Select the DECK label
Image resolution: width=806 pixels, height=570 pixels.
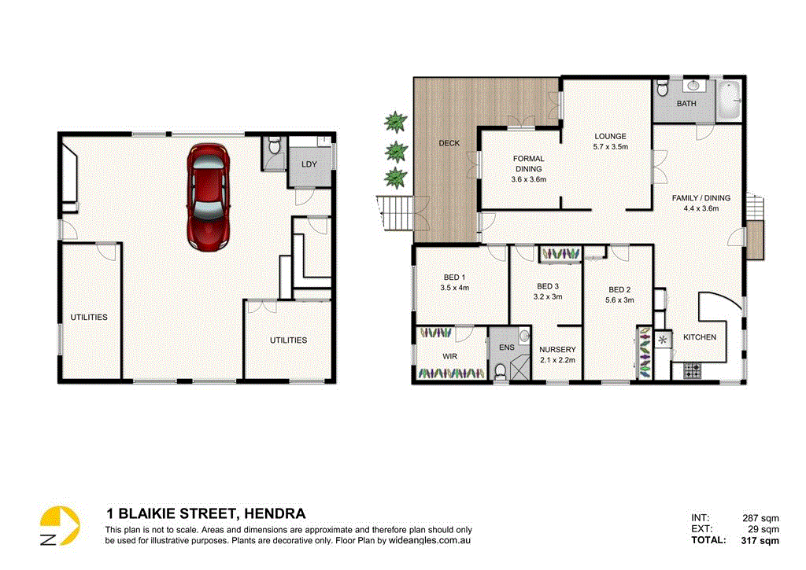click(449, 143)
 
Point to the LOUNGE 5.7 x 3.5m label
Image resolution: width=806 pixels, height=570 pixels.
click(610, 142)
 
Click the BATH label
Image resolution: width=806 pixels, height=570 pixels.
click(686, 104)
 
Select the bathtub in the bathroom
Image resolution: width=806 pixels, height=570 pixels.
click(728, 101)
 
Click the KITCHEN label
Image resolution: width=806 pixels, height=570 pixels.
click(699, 337)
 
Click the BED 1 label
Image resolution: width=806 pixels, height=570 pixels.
click(455, 282)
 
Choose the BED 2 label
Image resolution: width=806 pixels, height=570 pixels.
click(619, 294)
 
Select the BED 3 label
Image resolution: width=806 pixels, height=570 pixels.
click(548, 291)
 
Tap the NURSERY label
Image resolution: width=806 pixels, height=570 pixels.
click(557, 354)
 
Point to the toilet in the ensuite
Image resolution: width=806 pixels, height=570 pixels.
click(500, 369)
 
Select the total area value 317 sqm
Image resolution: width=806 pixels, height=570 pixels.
click(760, 540)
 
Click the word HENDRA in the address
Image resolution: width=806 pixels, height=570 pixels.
click(275, 514)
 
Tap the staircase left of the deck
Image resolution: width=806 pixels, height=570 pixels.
click(396, 213)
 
